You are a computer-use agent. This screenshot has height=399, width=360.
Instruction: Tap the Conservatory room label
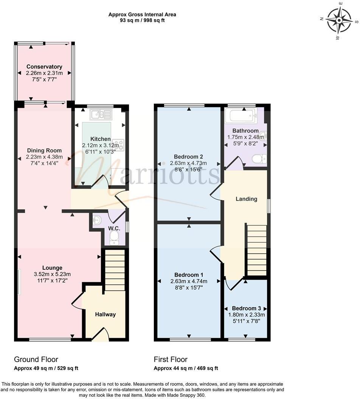tap(44, 67)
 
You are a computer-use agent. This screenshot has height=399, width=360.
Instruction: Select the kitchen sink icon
tap(101, 114)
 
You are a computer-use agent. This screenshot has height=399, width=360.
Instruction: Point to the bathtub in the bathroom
tap(241, 116)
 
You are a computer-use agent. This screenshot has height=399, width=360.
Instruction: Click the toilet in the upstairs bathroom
tap(259, 159)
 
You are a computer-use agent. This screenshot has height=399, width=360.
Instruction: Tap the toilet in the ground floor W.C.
tap(113, 237)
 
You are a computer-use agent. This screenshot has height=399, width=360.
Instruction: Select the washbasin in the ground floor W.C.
tap(97, 219)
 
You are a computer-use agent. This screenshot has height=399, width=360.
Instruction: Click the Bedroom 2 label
tap(188, 157)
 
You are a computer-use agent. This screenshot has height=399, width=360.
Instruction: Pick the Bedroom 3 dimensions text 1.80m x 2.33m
tap(246, 314)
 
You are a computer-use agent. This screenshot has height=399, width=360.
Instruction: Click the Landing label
tap(246, 199)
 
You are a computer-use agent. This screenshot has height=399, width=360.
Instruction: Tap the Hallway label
tap(105, 314)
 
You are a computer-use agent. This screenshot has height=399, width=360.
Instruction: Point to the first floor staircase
tap(257, 249)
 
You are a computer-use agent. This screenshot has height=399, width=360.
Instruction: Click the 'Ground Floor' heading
tap(36, 359)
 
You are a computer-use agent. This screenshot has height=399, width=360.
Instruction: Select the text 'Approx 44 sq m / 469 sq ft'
tap(186, 368)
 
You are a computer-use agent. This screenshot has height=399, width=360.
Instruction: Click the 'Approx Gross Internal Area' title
tap(142, 15)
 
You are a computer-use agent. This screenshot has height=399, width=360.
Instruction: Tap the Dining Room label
tap(44, 150)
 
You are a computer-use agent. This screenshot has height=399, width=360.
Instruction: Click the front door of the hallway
tap(101, 335)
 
